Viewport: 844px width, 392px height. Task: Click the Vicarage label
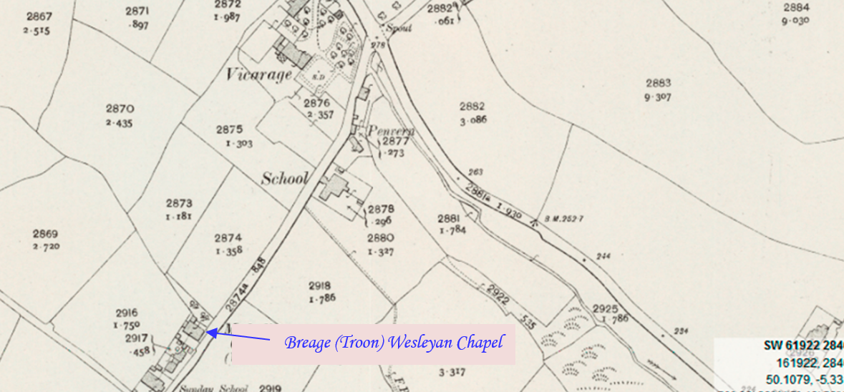[259, 74]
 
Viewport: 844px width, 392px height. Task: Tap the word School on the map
[285, 179]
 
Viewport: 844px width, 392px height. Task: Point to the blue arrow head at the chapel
[210, 331]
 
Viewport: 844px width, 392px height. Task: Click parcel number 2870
[120, 109]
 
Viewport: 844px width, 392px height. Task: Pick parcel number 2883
[659, 83]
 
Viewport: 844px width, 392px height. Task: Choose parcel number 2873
[179, 202]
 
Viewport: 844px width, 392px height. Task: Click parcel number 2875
[229, 129]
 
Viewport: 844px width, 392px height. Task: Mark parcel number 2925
[605, 308]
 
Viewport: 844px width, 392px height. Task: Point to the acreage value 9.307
[658, 98]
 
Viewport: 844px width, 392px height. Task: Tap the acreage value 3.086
[473, 119]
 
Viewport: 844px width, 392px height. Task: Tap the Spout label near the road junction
[394, 29]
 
